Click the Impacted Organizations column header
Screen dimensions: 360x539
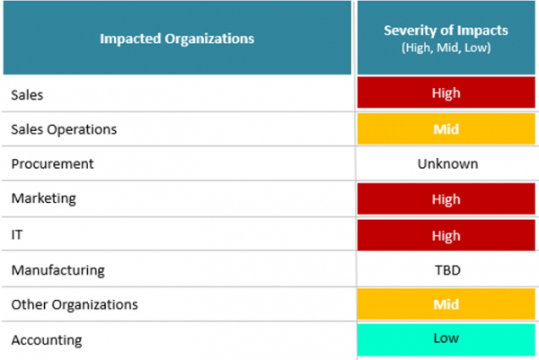(176, 39)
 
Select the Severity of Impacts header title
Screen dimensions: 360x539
(446, 31)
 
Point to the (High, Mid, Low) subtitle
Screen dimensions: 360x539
(446, 47)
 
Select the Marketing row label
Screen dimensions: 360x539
(43, 199)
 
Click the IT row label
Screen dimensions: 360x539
(17, 234)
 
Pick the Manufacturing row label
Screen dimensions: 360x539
(57, 269)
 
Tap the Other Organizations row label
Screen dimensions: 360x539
(75, 304)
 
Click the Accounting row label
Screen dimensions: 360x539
(46, 340)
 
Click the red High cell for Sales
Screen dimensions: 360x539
(446, 93)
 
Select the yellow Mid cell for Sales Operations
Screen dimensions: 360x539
(446, 128)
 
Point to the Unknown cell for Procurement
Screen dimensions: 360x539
(446, 164)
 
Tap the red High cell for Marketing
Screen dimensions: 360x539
(446, 199)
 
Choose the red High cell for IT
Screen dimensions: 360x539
(446, 234)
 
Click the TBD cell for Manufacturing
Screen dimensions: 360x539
(446, 269)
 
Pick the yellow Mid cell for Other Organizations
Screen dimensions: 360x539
(446, 304)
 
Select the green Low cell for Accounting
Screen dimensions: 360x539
(446, 338)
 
